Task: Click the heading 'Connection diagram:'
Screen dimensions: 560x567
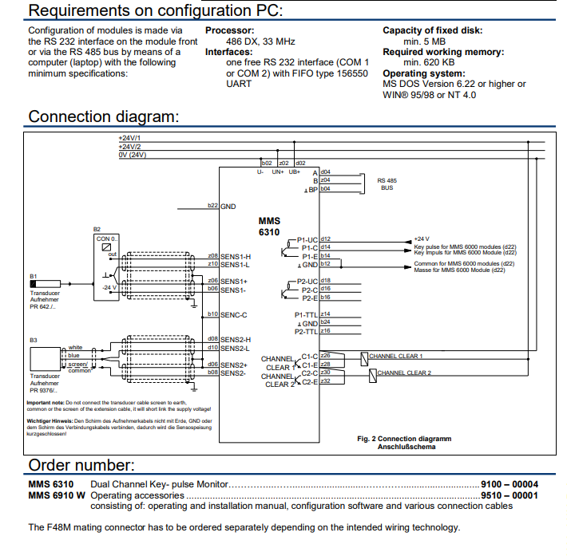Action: click(103, 116)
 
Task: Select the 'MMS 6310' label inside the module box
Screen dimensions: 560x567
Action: click(270, 226)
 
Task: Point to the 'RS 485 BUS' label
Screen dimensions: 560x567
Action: click(386, 184)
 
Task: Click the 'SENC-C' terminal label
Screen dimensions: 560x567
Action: click(234, 314)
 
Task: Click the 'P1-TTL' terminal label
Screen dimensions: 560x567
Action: click(306, 314)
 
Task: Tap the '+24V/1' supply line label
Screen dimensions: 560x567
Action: click(129, 138)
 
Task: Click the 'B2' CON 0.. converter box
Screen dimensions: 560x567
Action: click(107, 266)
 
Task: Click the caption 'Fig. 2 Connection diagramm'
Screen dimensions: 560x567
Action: click(403, 438)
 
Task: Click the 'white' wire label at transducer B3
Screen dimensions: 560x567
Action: click(75, 347)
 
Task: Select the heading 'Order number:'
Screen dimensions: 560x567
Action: click(82, 465)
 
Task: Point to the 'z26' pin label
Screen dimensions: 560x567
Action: click(325, 355)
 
